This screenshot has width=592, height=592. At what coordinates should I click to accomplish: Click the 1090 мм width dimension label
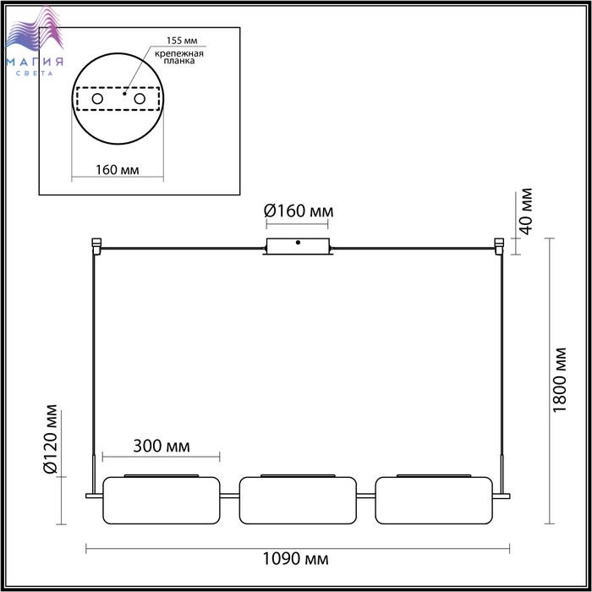click(296, 559)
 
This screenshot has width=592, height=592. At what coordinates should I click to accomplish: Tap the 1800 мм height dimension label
click(559, 381)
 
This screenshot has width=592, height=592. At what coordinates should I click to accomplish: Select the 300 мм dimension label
click(162, 447)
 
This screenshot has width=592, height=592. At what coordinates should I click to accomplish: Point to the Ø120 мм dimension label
click(50, 439)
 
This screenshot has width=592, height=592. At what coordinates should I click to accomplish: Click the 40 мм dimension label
click(525, 211)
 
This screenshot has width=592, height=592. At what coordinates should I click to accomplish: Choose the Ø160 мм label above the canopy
click(299, 211)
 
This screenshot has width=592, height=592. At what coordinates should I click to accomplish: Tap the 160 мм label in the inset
click(117, 170)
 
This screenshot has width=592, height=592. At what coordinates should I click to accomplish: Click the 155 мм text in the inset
click(182, 41)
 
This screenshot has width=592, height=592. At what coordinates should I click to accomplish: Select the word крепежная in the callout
click(179, 53)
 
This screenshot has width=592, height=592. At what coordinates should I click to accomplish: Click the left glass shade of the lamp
click(162, 501)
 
